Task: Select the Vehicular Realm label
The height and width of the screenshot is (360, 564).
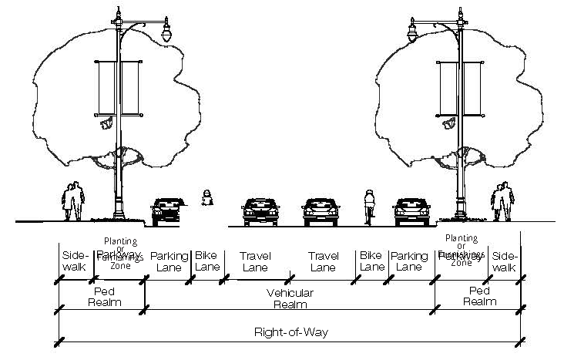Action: tap(290, 299)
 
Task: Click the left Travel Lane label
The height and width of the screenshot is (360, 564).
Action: tap(254, 261)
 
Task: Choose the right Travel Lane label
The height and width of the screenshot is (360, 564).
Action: tap(322, 261)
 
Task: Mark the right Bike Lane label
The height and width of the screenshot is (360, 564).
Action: tap(371, 261)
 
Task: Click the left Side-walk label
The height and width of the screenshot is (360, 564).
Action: tap(74, 261)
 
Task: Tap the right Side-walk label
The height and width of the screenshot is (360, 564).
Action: tap(504, 261)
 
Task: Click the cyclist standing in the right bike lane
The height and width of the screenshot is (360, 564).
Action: tap(369, 206)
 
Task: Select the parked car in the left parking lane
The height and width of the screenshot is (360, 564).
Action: tap(166, 210)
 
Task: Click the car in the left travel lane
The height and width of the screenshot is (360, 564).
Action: tap(259, 210)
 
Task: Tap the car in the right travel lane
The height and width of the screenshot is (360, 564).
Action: tap(321, 210)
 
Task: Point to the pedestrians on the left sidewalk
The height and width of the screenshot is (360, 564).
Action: tap(73, 201)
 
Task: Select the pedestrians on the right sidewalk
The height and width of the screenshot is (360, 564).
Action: tap(502, 202)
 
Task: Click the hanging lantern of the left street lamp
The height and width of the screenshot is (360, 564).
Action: tap(166, 33)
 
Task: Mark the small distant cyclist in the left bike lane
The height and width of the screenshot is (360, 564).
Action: tap(206, 198)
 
